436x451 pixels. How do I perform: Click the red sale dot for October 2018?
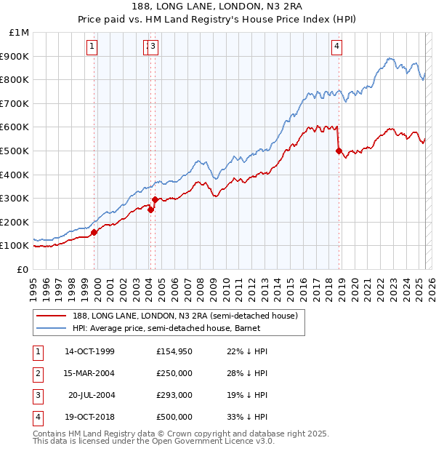click(339, 151)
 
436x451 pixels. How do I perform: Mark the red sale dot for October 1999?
click(94, 233)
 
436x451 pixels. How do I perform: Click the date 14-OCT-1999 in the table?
click(89, 351)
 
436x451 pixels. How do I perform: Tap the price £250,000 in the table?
click(174, 373)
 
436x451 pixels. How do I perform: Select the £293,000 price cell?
click(174, 395)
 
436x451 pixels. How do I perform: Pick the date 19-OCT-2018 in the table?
click(89, 417)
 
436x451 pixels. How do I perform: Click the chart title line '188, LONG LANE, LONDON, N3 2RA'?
click(218, 8)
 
